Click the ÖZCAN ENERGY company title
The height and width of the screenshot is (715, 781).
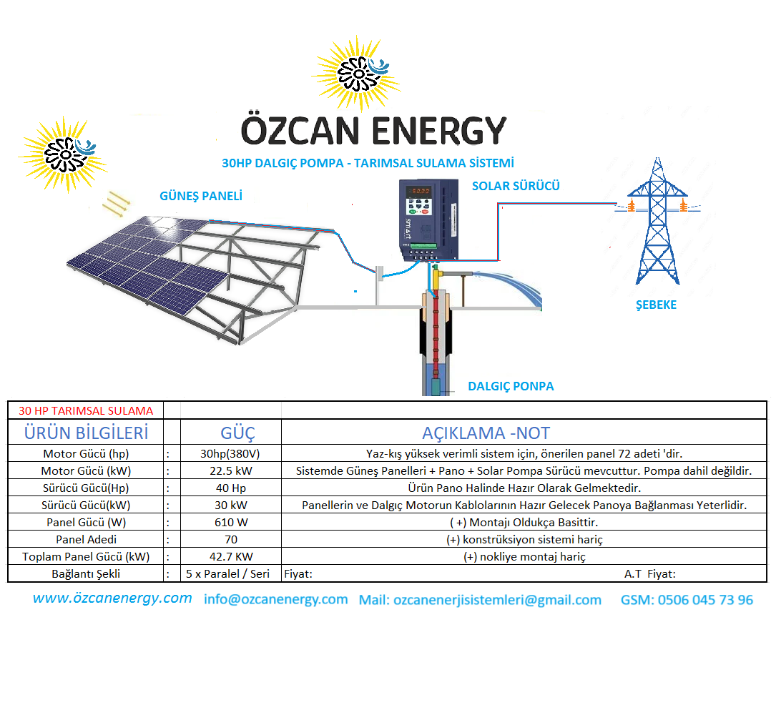pyautogui.click(x=373, y=130)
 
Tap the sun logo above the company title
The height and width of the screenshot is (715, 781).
pyautogui.click(x=357, y=74)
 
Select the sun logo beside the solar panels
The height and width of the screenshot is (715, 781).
pyautogui.click(x=64, y=155)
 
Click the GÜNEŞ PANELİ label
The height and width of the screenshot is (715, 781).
pyautogui.click(x=201, y=196)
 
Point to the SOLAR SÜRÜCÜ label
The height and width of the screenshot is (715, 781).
pyautogui.click(x=516, y=186)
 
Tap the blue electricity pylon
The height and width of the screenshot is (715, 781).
pyautogui.click(x=657, y=221)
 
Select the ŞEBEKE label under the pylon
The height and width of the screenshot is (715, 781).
pyautogui.click(x=656, y=305)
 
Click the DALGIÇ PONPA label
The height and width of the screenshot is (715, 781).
pyautogui.click(x=511, y=386)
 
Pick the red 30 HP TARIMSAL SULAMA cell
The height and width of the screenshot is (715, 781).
pyautogui.click(x=86, y=411)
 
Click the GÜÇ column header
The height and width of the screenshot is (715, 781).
pyautogui.click(x=237, y=433)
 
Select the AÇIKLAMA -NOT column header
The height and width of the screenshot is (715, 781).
pyautogui.click(x=486, y=433)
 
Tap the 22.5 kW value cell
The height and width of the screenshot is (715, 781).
pyautogui.click(x=230, y=471)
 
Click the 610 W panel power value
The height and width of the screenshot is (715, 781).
pyautogui.click(x=230, y=523)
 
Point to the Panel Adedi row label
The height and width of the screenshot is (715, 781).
pyautogui.click(x=86, y=540)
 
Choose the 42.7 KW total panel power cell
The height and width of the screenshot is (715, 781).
pyautogui.click(x=230, y=557)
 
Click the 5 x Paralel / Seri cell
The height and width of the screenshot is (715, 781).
pyautogui.click(x=227, y=573)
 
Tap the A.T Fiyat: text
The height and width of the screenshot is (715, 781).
pyautogui.click(x=649, y=574)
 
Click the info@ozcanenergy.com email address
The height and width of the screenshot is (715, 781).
pyautogui.click(x=275, y=599)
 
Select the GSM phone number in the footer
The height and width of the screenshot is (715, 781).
pyautogui.click(x=687, y=599)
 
